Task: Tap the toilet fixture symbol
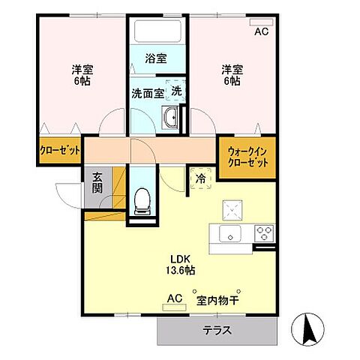pos(139,199)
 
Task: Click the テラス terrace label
pos(216,330)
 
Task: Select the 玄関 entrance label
pos(98,183)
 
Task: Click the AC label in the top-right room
pos(261,31)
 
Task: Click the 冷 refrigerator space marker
pos(200,180)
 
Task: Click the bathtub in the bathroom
pos(157,31)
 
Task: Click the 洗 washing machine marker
pos(175,90)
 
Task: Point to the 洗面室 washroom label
pos(147,93)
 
